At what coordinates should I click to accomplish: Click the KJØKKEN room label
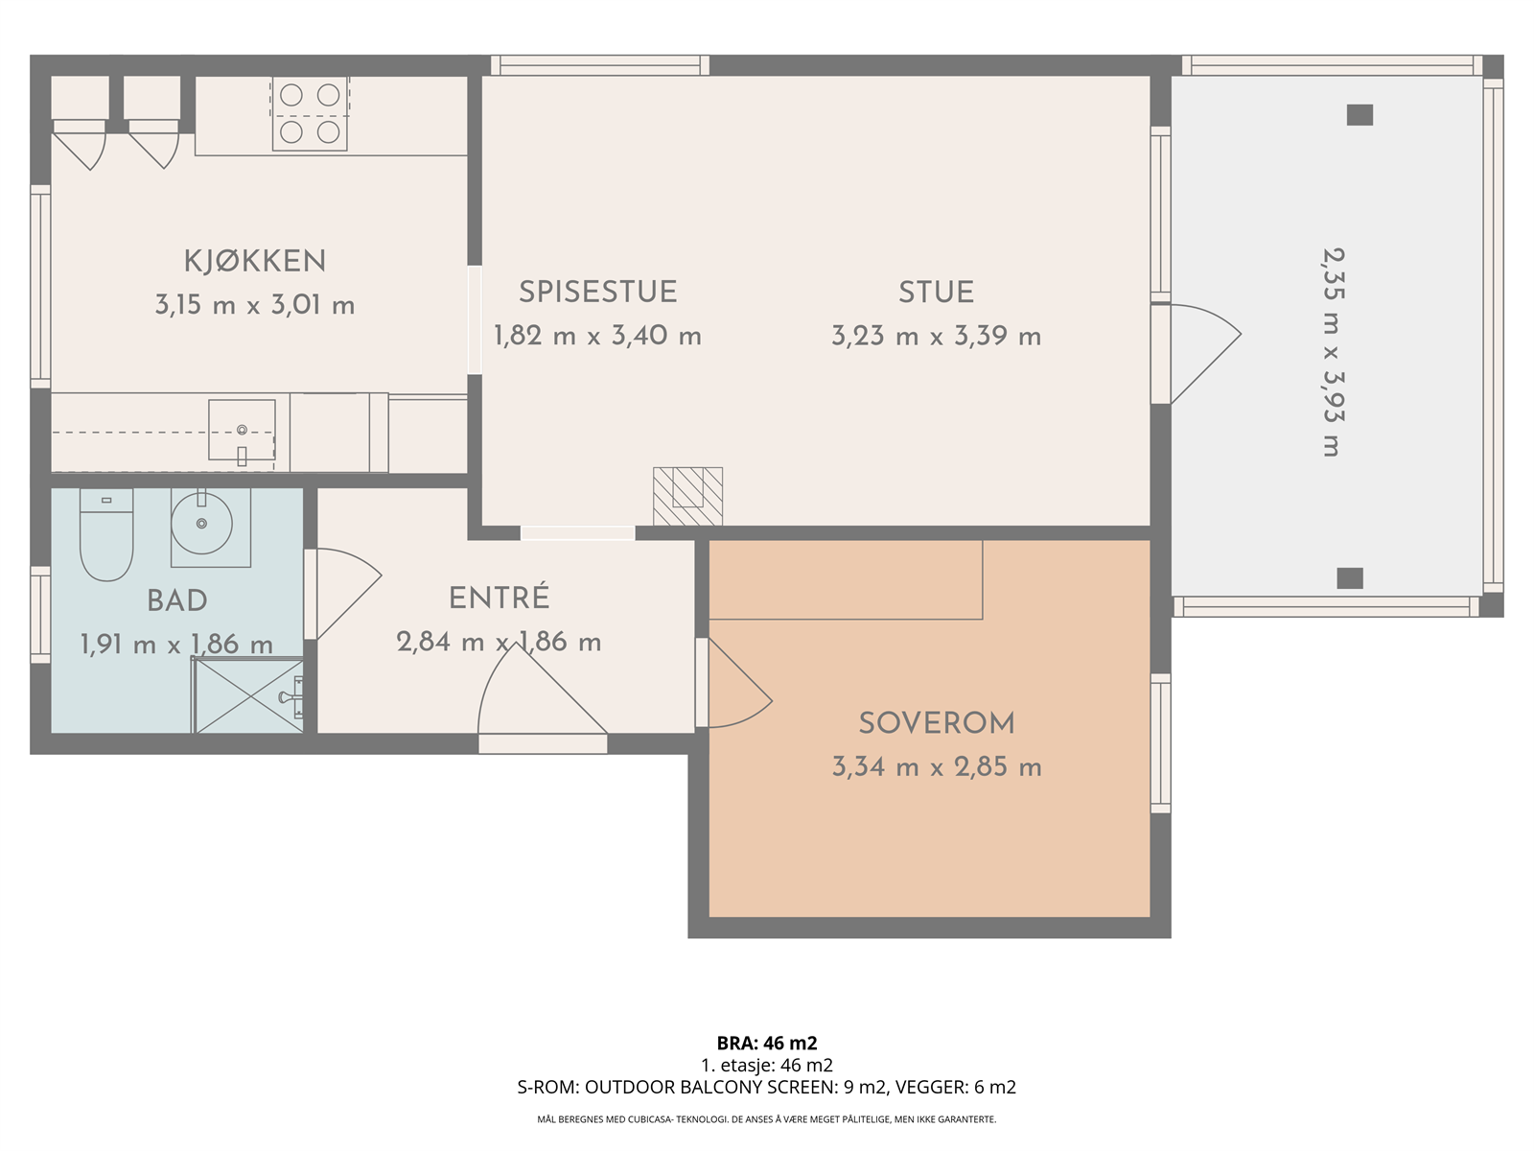tap(255, 261)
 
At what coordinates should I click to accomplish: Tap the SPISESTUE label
tap(597, 293)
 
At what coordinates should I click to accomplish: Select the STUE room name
tap(936, 293)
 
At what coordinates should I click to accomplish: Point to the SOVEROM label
tap(937, 723)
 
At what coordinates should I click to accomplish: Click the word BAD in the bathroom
tap(176, 601)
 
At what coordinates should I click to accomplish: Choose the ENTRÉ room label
tap(499, 598)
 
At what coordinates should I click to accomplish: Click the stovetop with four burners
tap(310, 113)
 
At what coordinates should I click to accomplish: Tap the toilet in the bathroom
tap(106, 534)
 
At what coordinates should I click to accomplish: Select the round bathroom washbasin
tap(202, 524)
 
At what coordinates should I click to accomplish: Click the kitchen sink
tap(242, 431)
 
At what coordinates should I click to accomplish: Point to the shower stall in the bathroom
tap(248, 695)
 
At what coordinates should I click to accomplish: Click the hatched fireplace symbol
tap(687, 496)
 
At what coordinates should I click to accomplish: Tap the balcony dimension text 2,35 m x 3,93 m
tap(1334, 352)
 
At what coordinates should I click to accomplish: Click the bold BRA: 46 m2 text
tap(767, 1043)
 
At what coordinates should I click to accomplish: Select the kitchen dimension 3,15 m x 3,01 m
tap(255, 305)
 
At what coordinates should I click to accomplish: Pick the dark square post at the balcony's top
tap(1360, 114)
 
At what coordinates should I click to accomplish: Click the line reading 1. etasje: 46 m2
tap(767, 1065)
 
